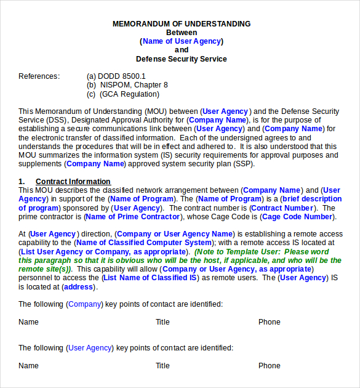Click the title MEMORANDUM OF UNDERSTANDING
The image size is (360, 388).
pos(182,24)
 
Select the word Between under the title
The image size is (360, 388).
pos(182,33)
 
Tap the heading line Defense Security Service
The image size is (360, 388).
pos(182,59)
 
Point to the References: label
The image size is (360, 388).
pos(39,76)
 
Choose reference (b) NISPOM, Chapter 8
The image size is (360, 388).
pos(127,85)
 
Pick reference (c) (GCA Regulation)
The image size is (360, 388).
pos(123,94)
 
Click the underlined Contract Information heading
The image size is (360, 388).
pos(73,182)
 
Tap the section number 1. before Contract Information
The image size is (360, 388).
pos(22,182)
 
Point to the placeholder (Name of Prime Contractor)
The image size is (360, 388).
pos(133,217)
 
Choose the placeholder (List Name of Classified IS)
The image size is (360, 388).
pos(150,278)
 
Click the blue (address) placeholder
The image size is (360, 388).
pos(78,287)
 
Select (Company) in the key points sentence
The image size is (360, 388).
pos(86,304)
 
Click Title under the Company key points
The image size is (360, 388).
pos(162,322)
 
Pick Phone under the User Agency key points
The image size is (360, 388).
pos(269,366)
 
